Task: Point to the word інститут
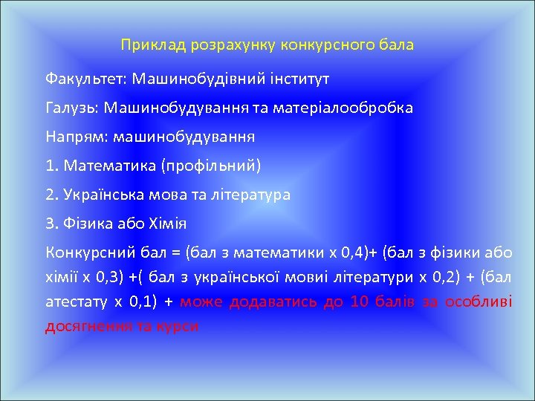(296, 77)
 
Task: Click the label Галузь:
(71, 108)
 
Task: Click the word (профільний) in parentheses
(210, 166)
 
